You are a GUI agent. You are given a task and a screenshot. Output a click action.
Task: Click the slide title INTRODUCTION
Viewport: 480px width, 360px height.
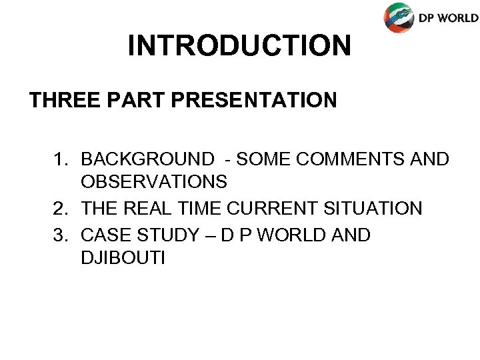click(x=239, y=45)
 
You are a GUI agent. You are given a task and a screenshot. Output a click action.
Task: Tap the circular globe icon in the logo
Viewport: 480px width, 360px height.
click(x=398, y=17)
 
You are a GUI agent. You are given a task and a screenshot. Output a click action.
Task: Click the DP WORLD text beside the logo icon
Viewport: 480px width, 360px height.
click(x=447, y=18)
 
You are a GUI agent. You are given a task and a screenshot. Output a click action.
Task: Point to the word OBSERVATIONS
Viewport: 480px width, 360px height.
click(x=154, y=181)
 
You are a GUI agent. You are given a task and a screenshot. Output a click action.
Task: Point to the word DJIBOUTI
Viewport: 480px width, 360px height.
click(x=121, y=257)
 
